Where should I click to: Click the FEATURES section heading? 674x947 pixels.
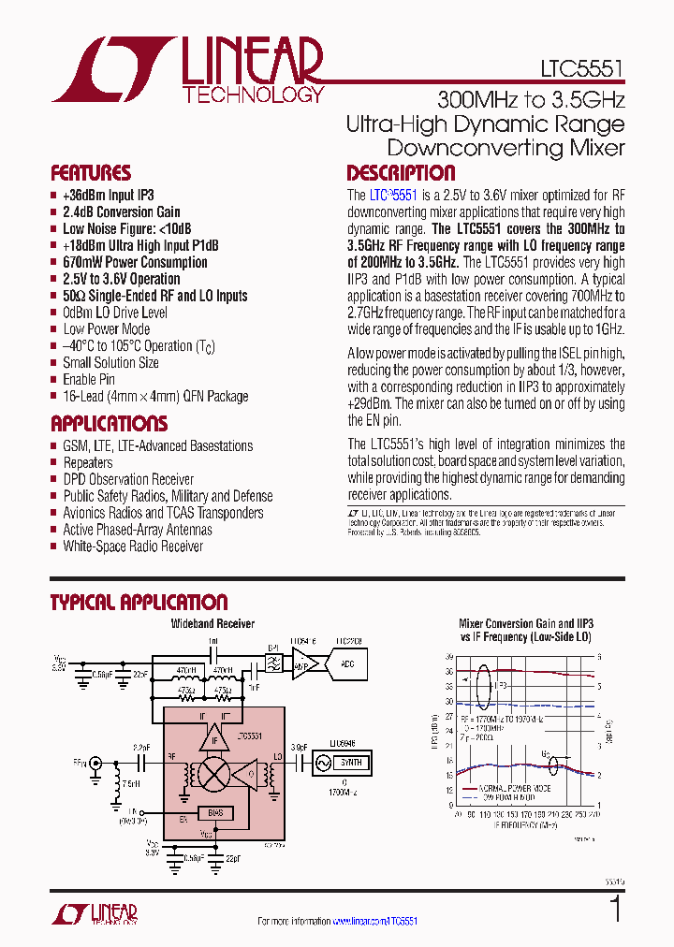pos(91,173)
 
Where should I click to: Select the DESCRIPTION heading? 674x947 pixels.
pos(401,173)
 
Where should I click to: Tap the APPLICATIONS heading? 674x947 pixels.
pos(109,423)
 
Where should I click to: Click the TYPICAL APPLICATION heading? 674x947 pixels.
pos(139,603)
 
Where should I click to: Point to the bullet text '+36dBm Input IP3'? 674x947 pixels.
pos(108,196)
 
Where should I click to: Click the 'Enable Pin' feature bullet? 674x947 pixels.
pos(89,379)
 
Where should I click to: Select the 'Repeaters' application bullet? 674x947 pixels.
pos(87,462)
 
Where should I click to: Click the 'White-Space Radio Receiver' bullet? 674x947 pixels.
pos(132,546)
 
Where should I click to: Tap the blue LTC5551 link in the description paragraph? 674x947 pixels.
pos(392,196)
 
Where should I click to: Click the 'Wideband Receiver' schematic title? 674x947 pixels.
pos(212,623)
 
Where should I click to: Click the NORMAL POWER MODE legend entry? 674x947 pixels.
pos(513,790)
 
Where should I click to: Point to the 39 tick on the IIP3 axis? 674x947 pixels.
pos(449,658)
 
